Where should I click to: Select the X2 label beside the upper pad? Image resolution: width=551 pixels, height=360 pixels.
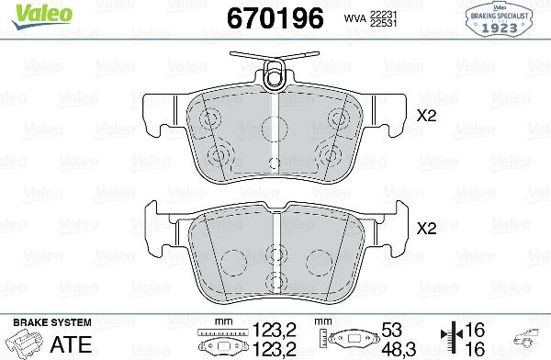[x=426, y=117]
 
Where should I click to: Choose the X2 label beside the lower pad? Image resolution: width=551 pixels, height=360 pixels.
[x=426, y=229]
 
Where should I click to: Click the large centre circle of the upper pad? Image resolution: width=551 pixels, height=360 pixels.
[x=276, y=129]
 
